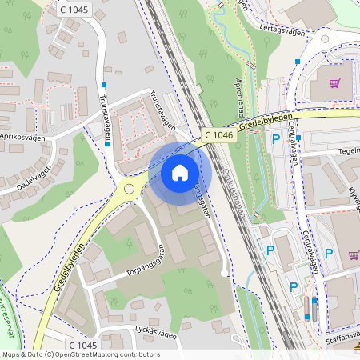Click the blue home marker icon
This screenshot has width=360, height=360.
click(x=180, y=173)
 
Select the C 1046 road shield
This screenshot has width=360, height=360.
click(x=218, y=136)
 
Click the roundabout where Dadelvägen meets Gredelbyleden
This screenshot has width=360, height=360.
click(x=129, y=190)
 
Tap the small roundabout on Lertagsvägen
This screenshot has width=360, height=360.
click(x=325, y=38)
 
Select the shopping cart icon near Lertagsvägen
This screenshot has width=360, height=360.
click(x=335, y=82)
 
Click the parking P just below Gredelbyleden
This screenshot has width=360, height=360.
click(x=276, y=139)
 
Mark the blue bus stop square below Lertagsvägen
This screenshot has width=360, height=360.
click(x=297, y=61)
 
